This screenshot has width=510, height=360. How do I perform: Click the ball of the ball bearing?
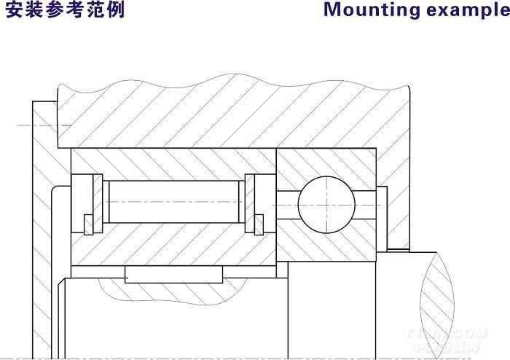pos(326,202)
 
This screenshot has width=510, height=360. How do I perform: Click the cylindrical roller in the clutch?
pos(174,203)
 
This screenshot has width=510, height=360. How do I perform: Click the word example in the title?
pos(466,11)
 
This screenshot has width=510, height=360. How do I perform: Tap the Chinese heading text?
pos(65,11)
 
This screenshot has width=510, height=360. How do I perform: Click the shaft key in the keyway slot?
pos(174,275)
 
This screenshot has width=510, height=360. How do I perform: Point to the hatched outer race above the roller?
pos(174,163)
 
